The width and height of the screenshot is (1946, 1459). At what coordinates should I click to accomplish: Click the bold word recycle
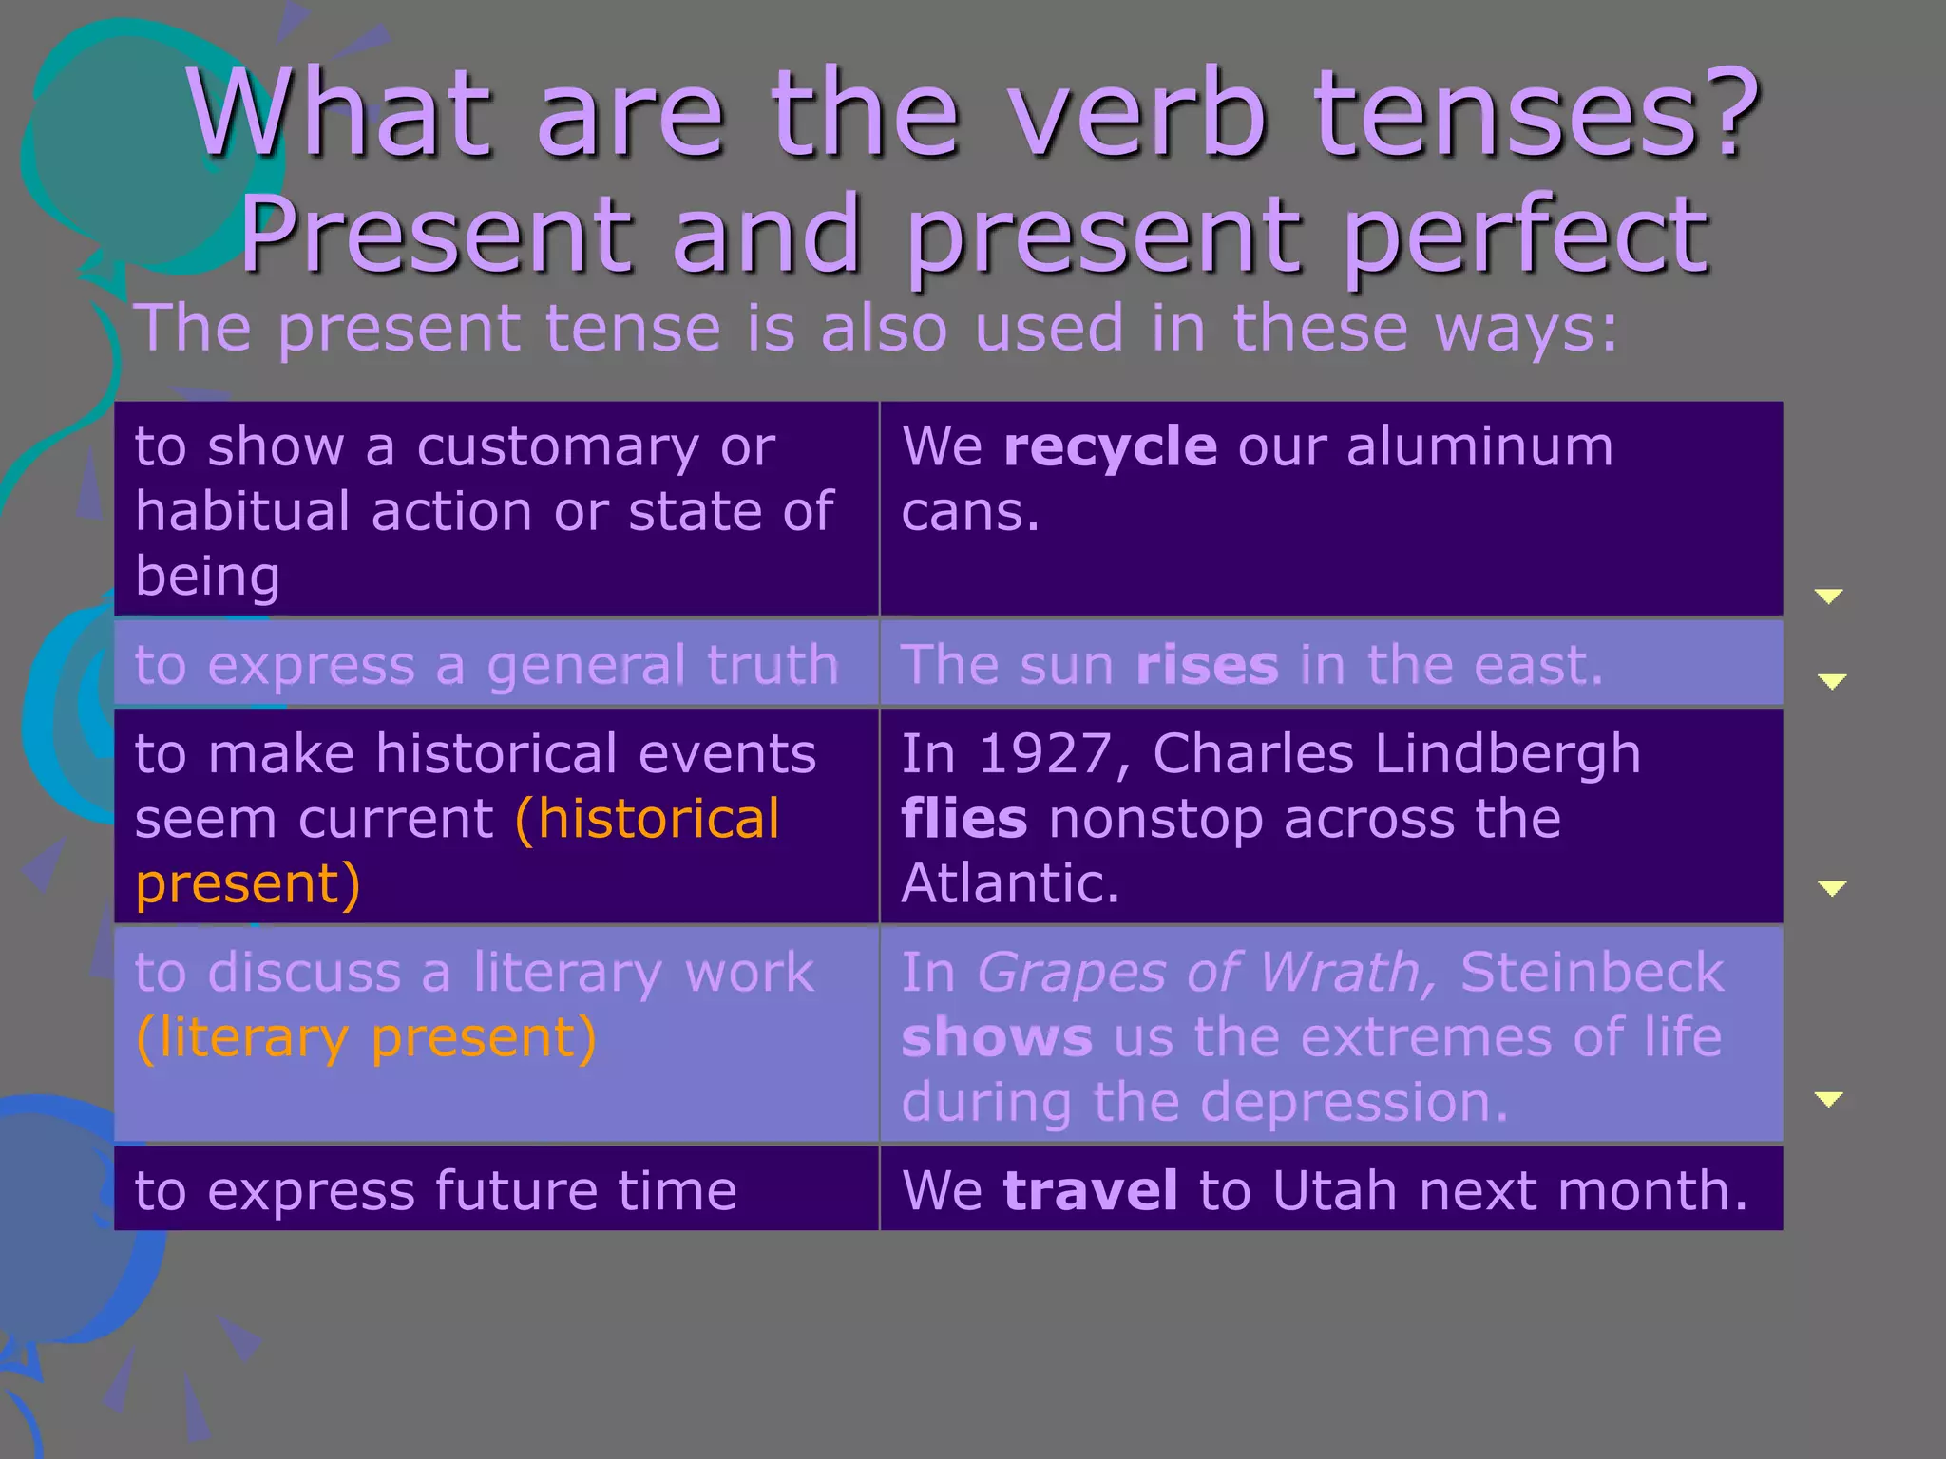[1110, 447]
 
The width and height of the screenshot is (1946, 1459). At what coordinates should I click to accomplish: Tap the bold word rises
[1207, 665]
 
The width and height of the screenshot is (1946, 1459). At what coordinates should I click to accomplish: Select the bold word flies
[963, 819]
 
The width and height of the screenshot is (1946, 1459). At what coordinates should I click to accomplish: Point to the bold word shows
[997, 1037]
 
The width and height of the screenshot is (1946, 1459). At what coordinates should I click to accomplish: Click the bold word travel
[1090, 1190]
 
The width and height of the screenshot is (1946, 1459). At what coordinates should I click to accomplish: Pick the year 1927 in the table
[1042, 754]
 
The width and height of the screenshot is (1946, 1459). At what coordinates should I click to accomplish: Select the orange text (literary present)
[366, 1037]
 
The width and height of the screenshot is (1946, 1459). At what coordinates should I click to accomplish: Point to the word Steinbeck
[1592, 973]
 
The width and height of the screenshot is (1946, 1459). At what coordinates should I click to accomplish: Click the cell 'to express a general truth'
[486, 665]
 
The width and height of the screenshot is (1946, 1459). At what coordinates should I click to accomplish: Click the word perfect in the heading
[1525, 236]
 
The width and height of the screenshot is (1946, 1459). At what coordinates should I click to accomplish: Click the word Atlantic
[1010, 883]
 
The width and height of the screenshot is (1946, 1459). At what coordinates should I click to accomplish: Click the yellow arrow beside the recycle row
[1828, 597]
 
